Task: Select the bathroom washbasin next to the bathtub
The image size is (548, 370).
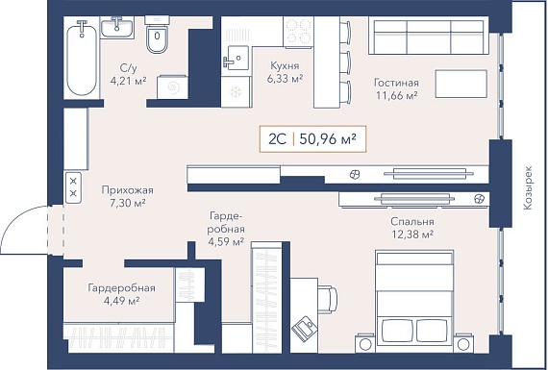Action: (x=116, y=28)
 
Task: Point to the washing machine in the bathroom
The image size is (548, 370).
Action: (x=172, y=87)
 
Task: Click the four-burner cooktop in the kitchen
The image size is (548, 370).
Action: (x=298, y=31)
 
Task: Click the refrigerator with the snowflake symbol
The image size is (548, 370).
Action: (x=236, y=92)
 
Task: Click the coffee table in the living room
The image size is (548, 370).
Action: (x=461, y=84)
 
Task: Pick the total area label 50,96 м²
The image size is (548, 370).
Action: (x=328, y=139)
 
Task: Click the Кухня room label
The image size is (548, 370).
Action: (x=285, y=65)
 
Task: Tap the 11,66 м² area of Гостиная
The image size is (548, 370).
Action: (x=397, y=95)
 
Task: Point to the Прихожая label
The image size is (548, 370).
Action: (x=128, y=190)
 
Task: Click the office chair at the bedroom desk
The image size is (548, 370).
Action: (x=328, y=300)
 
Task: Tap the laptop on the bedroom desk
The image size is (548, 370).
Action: (x=304, y=328)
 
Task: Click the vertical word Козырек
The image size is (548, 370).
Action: (x=528, y=187)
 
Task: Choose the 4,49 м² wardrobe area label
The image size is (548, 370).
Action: (x=122, y=301)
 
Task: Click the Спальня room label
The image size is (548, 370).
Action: (x=412, y=222)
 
